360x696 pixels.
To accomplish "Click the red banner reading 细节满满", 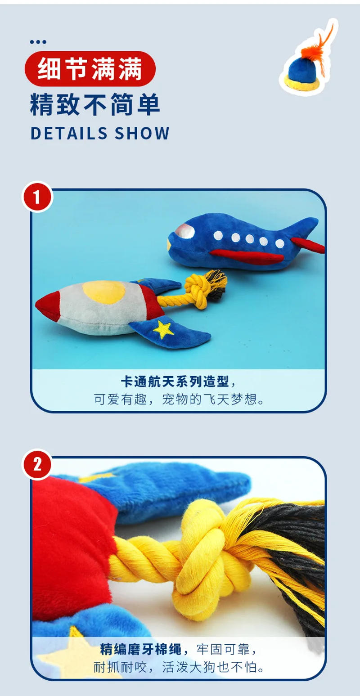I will point(90,69).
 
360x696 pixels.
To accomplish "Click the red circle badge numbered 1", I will point(37,197).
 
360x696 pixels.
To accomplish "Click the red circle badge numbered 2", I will point(37,464).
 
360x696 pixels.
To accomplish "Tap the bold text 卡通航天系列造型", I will point(175,382).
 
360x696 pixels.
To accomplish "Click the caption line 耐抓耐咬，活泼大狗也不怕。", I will point(179,667).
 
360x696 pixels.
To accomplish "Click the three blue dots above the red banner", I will point(38,42).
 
